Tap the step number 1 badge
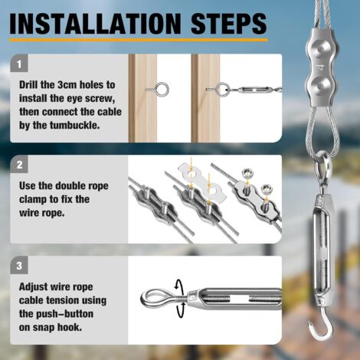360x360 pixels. pyautogui.click(x=21, y=64)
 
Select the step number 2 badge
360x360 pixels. pyautogui.click(x=21, y=165)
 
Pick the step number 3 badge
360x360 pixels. pyautogui.click(x=21, y=266)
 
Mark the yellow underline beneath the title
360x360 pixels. pyautogui.click(x=137, y=40)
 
